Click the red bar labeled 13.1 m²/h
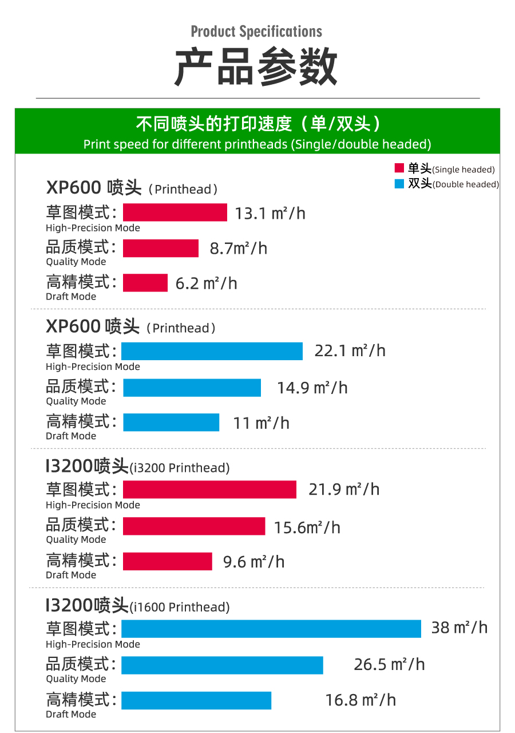(175, 212)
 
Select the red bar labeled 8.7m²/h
(161, 248)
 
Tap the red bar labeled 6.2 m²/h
(145, 283)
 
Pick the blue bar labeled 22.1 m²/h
(212, 351)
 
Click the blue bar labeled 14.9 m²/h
(192, 388)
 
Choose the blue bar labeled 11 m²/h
(171, 423)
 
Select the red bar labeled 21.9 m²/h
(209, 490)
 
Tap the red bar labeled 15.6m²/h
(194, 526)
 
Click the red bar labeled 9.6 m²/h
(167, 561)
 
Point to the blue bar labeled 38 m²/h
(271, 628)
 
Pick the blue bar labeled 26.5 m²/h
(222, 665)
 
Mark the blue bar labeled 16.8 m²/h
(196, 700)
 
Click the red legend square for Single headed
(399, 168)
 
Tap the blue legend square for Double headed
(399, 184)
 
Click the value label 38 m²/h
(459, 628)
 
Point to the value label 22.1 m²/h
(350, 350)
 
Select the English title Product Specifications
(256, 31)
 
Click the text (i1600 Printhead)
(180, 607)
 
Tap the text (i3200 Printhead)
(180, 468)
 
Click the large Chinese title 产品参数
(256, 68)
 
